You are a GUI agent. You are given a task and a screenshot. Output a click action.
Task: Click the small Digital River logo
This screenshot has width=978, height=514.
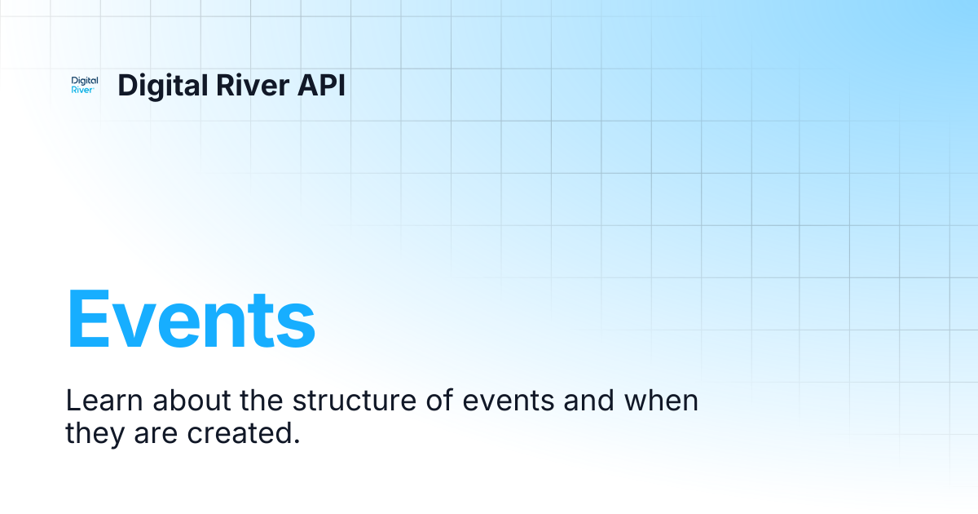pyautogui.click(x=85, y=85)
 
